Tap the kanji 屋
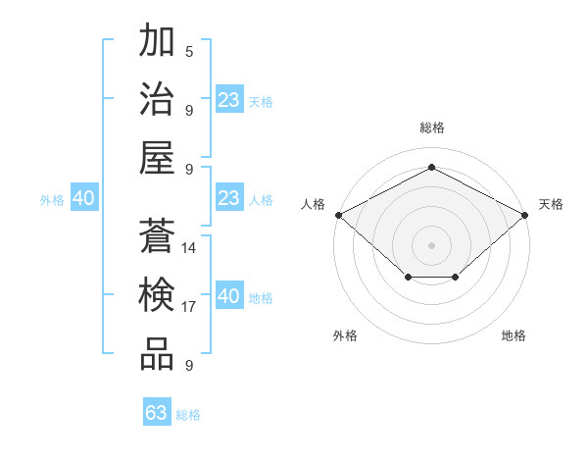click(x=157, y=158)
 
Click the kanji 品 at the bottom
click(x=157, y=354)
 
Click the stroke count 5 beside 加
click(x=188, y=51)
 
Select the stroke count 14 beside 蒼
click(x=189, y=248)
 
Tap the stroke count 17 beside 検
click(x=189, y=307)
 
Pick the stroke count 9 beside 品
click(x=188, y=366)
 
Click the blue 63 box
click(x=157, y=413)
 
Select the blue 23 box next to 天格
click(x=229, y=100)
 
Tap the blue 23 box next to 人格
click(x=229, y=198)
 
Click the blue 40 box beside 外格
click(x=83, y=198)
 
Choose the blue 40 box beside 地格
click(x=229, y=296)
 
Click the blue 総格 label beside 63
click(x=188, y=415)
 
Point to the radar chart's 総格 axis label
click(x=431, y=128)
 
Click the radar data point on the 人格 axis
click(x=338, y=215)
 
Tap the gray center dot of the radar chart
click(x=431, y=244)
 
